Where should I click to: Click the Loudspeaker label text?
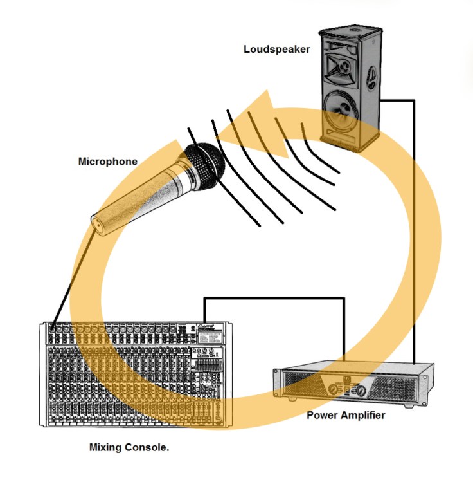tap(276, 49)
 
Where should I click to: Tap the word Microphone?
tap(107, 162)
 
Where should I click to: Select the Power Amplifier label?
tap(346, 415)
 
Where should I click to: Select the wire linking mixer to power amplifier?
tap(276, 298)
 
